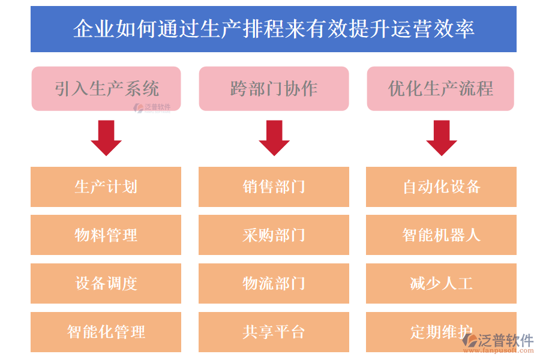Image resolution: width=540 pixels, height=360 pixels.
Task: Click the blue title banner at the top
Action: pyautogui.click(x=273, y=29)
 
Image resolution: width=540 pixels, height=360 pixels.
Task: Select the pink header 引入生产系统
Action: pyautogui.click(x=106, y=88)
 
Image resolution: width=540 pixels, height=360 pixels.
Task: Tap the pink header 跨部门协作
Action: pyautogui.click(x=274, y=88)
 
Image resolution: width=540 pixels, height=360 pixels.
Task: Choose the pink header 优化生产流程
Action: pyautogui.click(x=440, y=88)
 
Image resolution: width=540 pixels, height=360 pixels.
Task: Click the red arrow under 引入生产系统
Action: pyautogui.click(x=106, y=137)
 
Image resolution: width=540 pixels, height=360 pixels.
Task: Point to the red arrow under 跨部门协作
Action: pyautogui.click(x=274, y=137)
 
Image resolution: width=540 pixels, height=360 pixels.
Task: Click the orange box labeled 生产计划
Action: pyautogui.click(x=106, y=187)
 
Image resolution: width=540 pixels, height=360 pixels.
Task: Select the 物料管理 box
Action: pyautogui.click(x=106, y=235)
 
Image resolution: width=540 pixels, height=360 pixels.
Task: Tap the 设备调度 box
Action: pyautogui.click(x=106, y=283)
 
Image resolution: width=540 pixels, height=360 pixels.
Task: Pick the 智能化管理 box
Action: pyautogui.click(x=106, y=332)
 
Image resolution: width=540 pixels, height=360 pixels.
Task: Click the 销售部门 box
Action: pyautogui.click(x=274, y=187)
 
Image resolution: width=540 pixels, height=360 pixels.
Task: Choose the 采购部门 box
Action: pyautogui.click(x=274, y=235)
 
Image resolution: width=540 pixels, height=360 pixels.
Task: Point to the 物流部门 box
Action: pyautogui.click(x=274, y=283)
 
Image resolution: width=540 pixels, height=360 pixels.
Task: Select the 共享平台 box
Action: pyautogui.click(x=274, y=332)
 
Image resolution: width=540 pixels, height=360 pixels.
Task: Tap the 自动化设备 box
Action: pyautogui.click(x=441, y=187)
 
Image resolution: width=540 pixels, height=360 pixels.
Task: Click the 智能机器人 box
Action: pyautogui.click(x=441, y=235)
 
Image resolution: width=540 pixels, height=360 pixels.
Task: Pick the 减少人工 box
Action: pyautogui.click(x=441, y=283)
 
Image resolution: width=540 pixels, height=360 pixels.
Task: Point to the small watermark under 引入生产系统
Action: pyautogui.click(x=152, y=108)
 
